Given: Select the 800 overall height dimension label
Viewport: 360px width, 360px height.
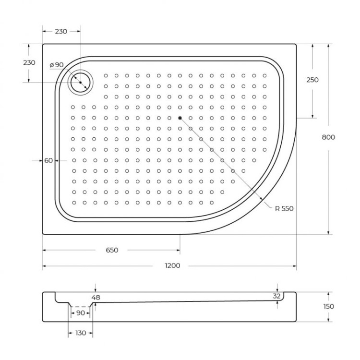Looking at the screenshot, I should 328,137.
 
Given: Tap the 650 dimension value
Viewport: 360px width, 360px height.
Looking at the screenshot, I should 111,250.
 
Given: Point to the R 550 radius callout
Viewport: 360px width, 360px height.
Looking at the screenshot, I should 284,208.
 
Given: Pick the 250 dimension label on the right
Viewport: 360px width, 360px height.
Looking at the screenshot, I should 312,80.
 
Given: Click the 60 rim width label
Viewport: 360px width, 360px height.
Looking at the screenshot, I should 48,161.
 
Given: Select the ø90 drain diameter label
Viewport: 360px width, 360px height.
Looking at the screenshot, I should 56,65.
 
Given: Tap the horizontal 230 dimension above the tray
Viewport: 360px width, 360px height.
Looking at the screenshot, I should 61,31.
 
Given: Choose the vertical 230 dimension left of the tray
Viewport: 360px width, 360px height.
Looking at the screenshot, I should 29,63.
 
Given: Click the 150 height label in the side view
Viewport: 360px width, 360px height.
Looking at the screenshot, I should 329,306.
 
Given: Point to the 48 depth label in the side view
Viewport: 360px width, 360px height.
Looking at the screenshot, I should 96,298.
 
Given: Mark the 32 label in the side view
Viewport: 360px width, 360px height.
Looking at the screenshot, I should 276,296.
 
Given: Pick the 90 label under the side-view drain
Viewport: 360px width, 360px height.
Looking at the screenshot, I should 80,313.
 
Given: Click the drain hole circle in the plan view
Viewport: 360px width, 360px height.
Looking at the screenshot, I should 79,83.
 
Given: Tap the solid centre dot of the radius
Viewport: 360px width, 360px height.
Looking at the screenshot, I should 180,118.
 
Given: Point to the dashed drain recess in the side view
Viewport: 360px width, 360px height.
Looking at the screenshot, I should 80,306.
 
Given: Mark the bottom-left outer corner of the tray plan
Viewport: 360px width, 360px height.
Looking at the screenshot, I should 43,234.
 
